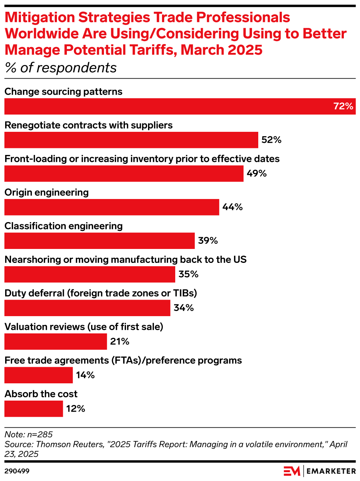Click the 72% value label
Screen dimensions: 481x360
[343, 106]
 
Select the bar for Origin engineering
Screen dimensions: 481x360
[112, 207]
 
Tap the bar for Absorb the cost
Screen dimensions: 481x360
[34, 409]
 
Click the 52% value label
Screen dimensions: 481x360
[271, 140]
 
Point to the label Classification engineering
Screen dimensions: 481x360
[64, 226]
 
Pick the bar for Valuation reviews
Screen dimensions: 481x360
[55, 341]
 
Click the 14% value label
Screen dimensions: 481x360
[85, 375]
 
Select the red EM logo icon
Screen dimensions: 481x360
[292, 471]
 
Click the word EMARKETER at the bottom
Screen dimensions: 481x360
[331, 471]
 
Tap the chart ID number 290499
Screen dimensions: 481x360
[17, 471]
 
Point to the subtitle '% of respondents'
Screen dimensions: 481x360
[61, 68]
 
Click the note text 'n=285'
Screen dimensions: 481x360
[40, 434]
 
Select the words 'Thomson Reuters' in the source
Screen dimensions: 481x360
[70, 444]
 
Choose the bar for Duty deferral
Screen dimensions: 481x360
[87, 308]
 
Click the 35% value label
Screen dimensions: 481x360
[188, 274]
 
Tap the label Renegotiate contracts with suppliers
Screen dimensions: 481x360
[89, 125]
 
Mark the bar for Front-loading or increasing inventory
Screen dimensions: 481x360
[124, 174]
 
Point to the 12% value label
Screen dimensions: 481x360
[76, 409]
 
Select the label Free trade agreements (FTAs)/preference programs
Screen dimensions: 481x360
[123, 360]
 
